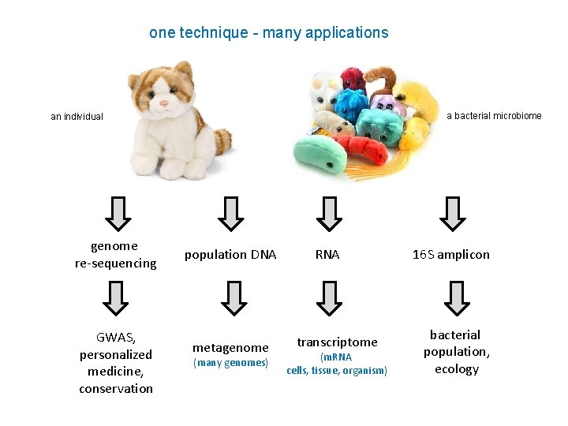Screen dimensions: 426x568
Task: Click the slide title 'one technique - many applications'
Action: coord(268,33)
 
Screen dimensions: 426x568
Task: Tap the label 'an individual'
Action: coord(77,117)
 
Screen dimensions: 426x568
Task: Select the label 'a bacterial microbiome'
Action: coord(494,116)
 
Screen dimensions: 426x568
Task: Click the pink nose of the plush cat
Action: coord(165,103)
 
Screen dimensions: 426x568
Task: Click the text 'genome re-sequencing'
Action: coord(115,254)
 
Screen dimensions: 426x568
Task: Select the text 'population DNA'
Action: coord(230,254)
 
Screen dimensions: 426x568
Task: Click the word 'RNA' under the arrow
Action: coord(327,254)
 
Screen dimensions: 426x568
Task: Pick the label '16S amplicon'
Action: coord(451,254)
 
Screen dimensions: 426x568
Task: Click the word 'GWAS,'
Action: coord(115,338)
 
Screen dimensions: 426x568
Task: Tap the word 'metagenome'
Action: coord(230,347)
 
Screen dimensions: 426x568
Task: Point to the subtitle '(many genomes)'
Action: coord(230,363)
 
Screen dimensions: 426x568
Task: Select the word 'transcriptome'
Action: coord(337,342)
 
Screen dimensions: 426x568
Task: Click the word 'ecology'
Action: coord(456,368)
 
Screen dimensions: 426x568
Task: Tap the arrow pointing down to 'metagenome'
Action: coord(230,298)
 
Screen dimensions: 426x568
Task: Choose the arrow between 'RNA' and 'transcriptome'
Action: coord(328,298)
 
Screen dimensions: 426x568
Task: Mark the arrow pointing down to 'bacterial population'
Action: coord(455,298)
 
